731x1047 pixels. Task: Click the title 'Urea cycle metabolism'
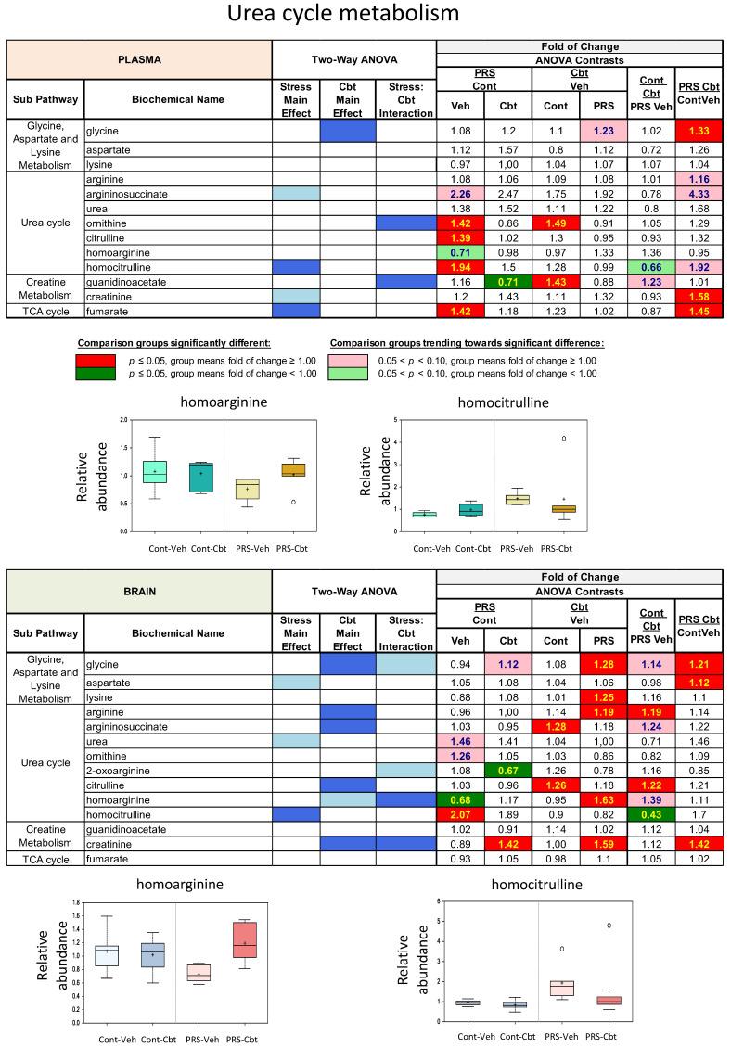(x=365, y=16)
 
